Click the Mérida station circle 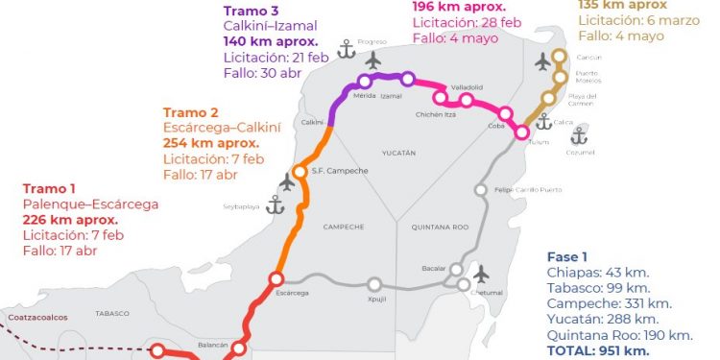pyautogui.click(x=365, y=82)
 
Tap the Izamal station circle pyautogui.click(x=408, y=80)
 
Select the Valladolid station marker pyautogui.click(x=466, y=100)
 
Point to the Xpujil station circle pyautogui.click(x=374, y=284)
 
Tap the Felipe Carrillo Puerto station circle pyautogui.click(x=481, y=190)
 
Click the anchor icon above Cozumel pyautogui.click(x=578, y=135)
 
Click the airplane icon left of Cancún pyautogui.click(x=543, y=61)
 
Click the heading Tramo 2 pyautogui.click(x=191, y=112)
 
